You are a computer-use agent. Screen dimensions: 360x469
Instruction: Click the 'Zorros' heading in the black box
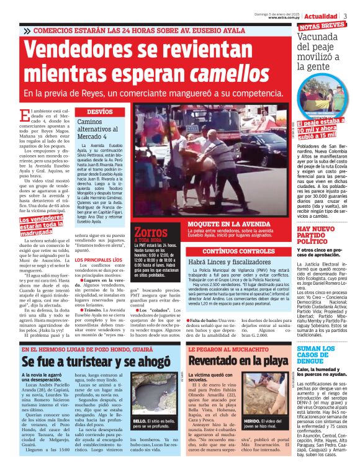pyautogui.click(x=150, y=233)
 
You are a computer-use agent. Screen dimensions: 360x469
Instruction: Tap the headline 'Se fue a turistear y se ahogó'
pyautogui.click(x=96, y=360)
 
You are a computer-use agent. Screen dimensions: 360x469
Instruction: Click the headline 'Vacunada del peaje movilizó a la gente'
pyautogui.click(x=322, y=48)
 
